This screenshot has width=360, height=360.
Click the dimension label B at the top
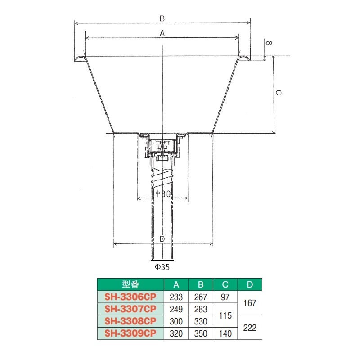tap(162, 18)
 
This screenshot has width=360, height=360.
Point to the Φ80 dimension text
tap(163, 193)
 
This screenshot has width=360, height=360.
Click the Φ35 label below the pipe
tap(162, 267)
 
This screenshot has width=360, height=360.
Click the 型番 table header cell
tap(130, 284)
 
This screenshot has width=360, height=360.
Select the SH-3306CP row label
tap(130, 297)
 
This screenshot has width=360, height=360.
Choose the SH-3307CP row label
tap(130, 309)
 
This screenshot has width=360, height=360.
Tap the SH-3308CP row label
tap(130, 321)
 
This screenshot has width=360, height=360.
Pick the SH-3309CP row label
tap(130, 333)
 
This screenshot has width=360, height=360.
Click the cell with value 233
tap(176, 297)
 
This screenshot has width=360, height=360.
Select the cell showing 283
tap(201, 309)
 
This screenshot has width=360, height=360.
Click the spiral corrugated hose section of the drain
tap(162, 177)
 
